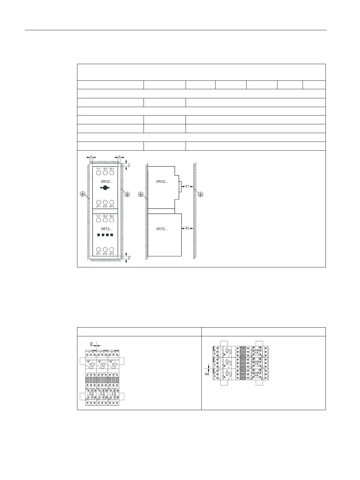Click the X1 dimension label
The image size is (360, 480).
click(187, 186)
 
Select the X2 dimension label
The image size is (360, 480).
click(187, 228)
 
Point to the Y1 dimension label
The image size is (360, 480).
click(129, 165)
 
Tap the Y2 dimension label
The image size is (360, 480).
click(129, 258)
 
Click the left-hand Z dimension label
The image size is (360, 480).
click(91, 157)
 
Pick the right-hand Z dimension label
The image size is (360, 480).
click(119, 157)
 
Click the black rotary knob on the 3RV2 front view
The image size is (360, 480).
click(105, 188)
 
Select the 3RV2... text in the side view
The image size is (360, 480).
click(162, 181)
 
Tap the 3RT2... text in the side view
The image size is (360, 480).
click(162, 229)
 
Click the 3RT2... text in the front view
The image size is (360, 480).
click(107, 229)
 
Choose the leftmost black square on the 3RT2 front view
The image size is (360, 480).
click(99, 235)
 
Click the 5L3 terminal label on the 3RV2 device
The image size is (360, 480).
click(112, 168)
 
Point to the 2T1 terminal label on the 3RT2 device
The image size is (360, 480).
click(99, 254)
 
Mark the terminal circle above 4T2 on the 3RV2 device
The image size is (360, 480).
click(105, 202)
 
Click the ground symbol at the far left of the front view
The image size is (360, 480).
click(82, 194)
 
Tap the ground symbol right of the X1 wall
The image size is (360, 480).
click(200, 194)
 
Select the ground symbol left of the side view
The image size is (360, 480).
click(141, 194)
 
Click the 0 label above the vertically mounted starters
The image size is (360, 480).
click(92, 344)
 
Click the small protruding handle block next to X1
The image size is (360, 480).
click(180, 187)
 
